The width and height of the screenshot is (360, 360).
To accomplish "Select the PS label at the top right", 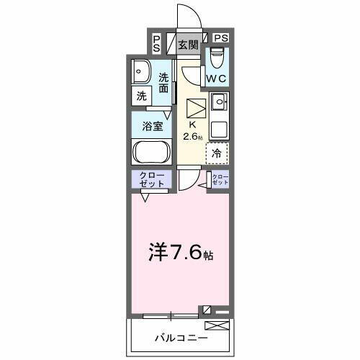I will (x=221, y=38).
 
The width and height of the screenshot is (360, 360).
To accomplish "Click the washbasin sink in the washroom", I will (x=140, y=71).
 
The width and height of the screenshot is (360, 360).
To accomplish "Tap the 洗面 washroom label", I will (x=164, y=83).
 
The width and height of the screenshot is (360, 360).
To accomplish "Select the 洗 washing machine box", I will (x=141, y=94).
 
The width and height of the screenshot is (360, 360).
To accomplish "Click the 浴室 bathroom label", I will (x=151, y=125).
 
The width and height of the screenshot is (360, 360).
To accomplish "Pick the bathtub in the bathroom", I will (x=151, y=153).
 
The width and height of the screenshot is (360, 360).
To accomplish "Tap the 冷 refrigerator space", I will (x=217, y=153).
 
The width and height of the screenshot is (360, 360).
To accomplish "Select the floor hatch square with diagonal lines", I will (x=196, y=109).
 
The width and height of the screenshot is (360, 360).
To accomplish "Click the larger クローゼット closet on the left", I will (x=151, y=180).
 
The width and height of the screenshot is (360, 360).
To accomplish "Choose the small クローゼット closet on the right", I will (x=220, y=180).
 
